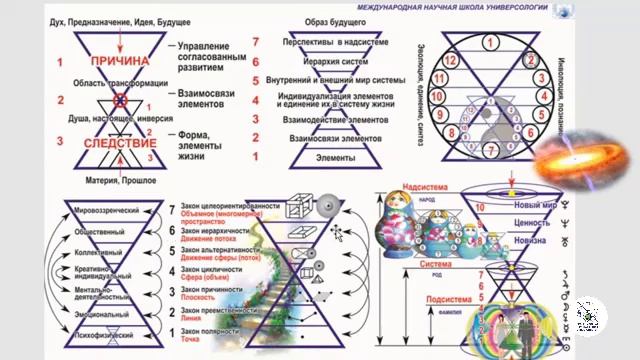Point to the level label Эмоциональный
(x=108, y=313)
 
